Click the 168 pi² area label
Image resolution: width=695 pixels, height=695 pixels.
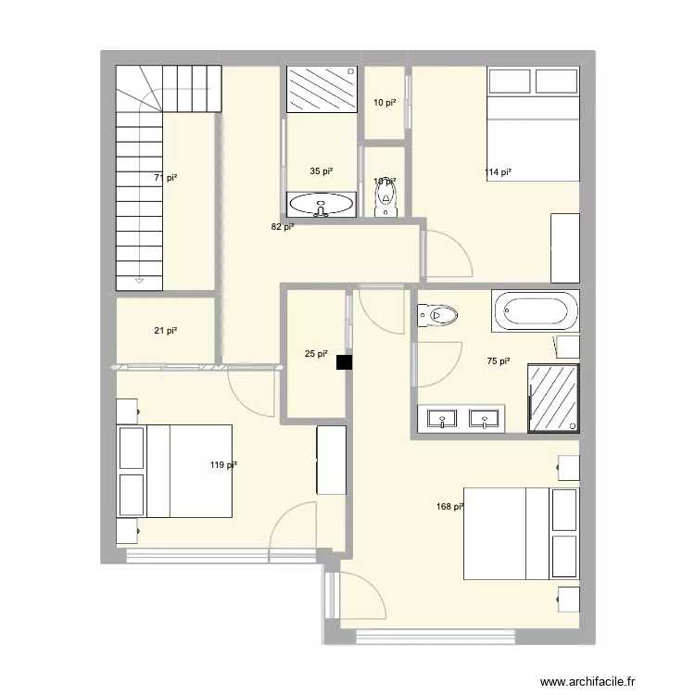pos(450,507)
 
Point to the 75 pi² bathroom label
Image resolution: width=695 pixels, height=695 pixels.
pos(499,362)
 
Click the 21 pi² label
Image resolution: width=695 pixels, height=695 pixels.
pos(166,331)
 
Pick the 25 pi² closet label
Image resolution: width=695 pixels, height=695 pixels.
pos(316,353)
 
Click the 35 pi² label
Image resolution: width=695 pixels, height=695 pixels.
pos(322,171)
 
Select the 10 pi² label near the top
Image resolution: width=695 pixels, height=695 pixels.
pos(384,103)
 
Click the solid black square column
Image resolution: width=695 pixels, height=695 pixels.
pos(345,364)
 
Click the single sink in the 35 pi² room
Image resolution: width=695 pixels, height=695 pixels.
pos(321,204)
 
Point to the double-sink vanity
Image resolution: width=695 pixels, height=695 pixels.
pos(461,418)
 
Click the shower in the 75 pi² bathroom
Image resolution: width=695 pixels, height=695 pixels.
pos(554,398)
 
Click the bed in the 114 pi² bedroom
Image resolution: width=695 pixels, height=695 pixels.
pos(534,125)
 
